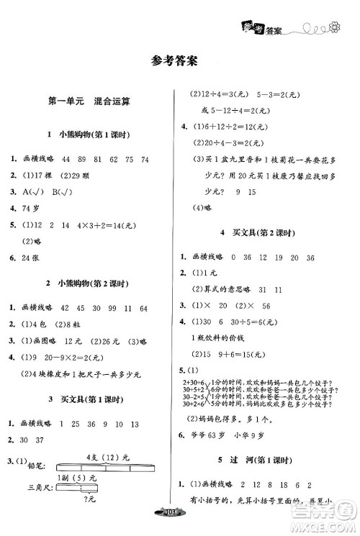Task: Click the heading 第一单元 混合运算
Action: (90, 103)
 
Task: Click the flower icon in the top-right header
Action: (336, 28)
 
